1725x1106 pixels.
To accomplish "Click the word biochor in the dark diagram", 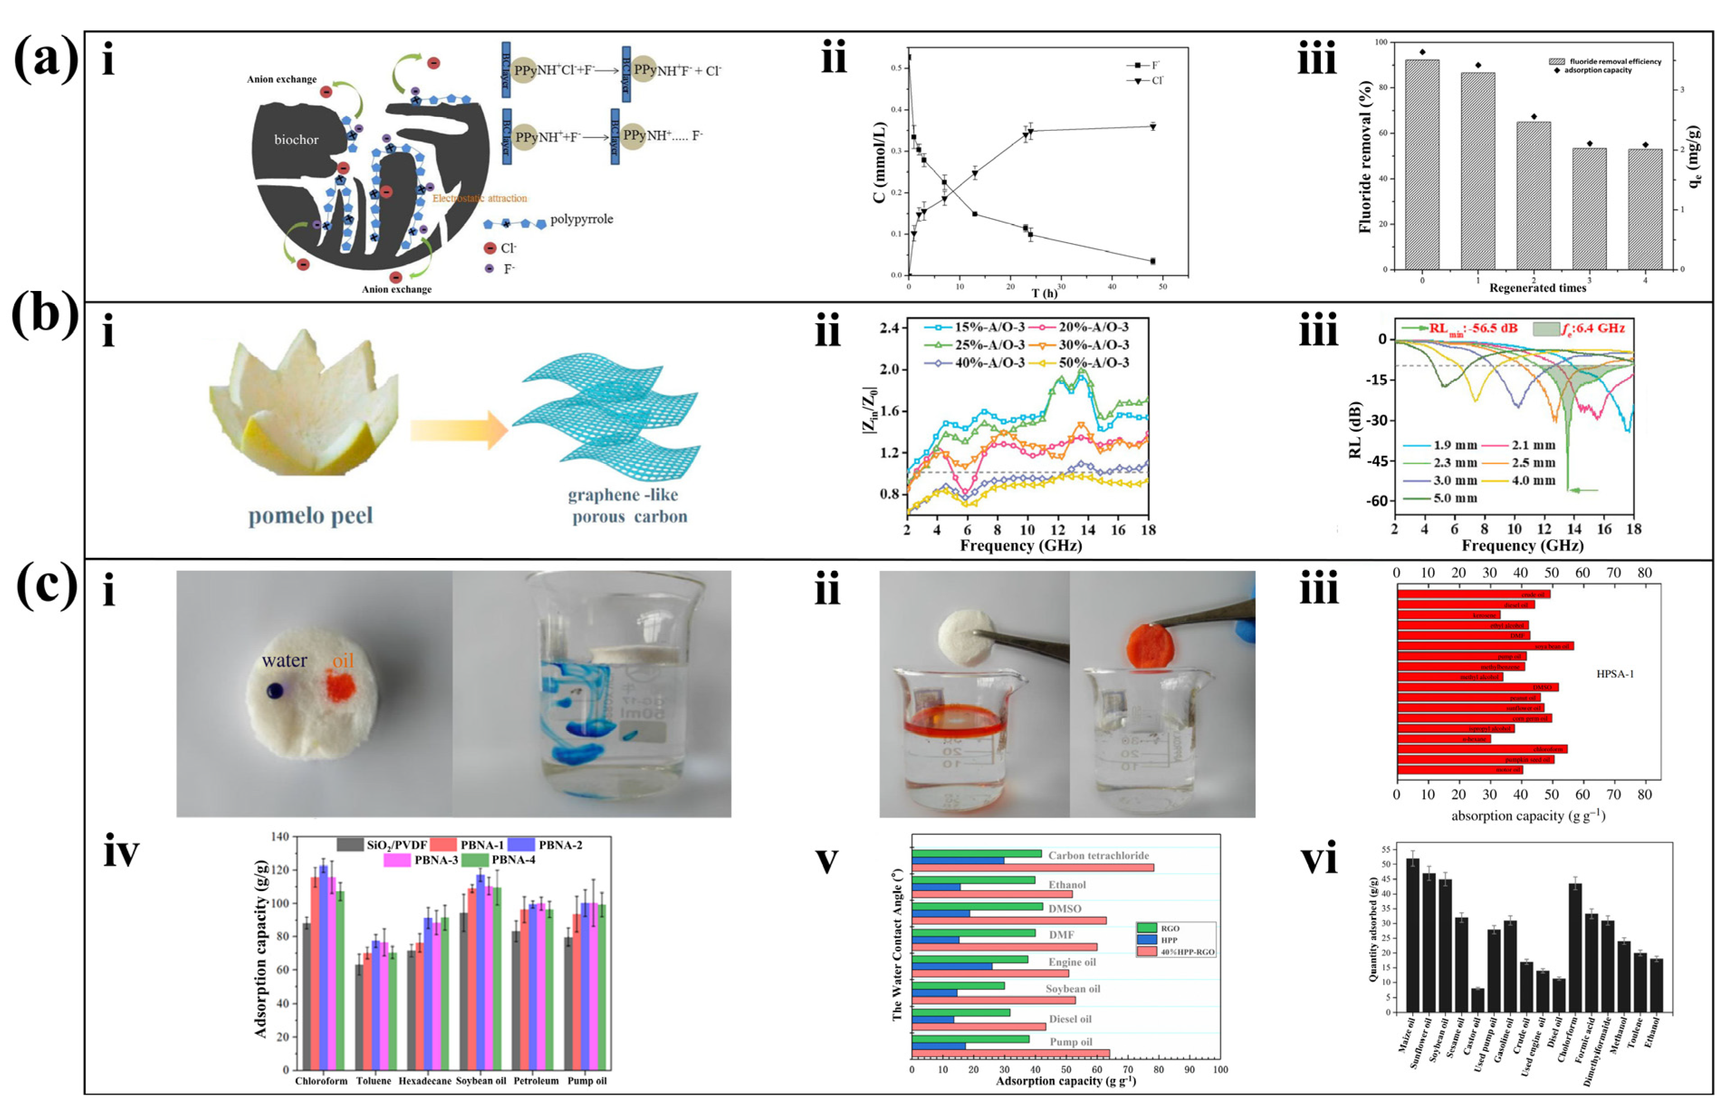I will (x=296, y=140).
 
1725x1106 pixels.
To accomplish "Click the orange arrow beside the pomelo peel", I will (x=458, y=430).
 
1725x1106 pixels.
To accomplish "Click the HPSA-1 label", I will (x=1615, y=674).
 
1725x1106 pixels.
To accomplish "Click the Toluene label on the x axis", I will (x=373, y=1081).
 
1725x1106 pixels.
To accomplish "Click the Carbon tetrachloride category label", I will (x=1098, y=855).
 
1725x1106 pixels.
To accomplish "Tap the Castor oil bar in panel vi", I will (x=1477, y=1000).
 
